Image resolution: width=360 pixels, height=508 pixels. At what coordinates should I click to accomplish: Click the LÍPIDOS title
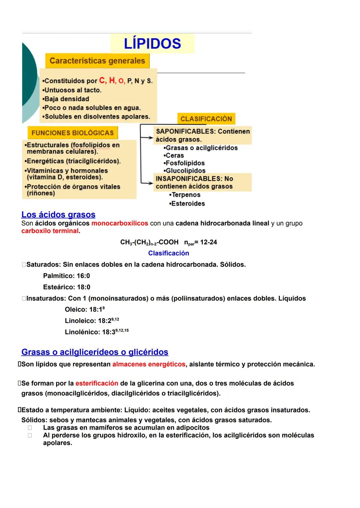[152, 44]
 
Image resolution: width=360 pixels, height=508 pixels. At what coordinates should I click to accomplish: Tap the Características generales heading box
[97, 61]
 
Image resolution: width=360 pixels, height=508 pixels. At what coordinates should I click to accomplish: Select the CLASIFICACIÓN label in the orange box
[206, 119]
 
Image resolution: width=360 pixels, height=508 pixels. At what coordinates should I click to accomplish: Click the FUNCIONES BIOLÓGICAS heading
[73, 133]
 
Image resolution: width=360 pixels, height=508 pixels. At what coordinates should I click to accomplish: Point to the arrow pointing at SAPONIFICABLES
[146, 137]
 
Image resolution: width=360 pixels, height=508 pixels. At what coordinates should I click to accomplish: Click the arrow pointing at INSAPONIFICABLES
[146, 183]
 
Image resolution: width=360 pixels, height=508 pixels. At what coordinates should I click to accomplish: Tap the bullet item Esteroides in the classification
[187, 204]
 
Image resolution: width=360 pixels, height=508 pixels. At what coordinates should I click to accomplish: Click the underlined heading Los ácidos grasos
[58, 215]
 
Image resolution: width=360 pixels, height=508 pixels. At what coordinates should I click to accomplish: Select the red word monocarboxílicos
[120, 223]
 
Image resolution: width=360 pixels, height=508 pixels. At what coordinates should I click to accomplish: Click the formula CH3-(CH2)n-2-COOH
[149, 242]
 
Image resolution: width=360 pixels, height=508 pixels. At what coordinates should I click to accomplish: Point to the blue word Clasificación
[168, 253]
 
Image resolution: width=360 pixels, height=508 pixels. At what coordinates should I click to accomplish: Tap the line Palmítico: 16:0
[66, 276]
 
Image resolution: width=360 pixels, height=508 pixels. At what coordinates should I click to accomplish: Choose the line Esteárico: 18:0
[67, 287]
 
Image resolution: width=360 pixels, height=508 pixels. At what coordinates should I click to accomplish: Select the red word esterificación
[97, 383]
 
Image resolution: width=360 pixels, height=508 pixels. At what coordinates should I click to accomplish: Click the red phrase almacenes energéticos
[149, 364]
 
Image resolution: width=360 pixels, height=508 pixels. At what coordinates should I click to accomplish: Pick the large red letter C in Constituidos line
[103, 80]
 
